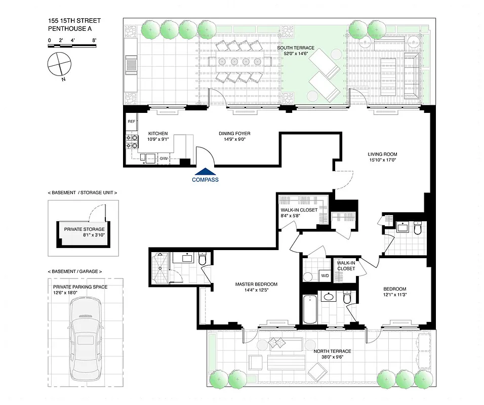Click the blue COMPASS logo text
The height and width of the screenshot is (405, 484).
(x=205, y=179)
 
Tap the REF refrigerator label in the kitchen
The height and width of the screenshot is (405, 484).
(x=132, y=121)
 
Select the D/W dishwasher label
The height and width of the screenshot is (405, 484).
(x=164, y=159)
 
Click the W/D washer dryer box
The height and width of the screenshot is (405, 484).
(x=325, y=276)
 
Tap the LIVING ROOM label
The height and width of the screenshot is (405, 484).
(x=382, y=154)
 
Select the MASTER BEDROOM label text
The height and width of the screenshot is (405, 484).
(x=256, y=284)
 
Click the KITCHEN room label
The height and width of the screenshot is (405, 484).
(x=144, y=134)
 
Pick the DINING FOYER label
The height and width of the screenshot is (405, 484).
(x=234, y=134)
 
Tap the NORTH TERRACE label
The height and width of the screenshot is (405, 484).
(x=332, y=351)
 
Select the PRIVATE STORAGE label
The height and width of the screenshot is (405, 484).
(x=84, y=229)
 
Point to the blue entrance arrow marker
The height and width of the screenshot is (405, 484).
(x=205, y=172)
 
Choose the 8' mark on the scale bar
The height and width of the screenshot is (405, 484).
(x=95, y=39)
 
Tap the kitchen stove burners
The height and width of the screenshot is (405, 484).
(x=131, y=142)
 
